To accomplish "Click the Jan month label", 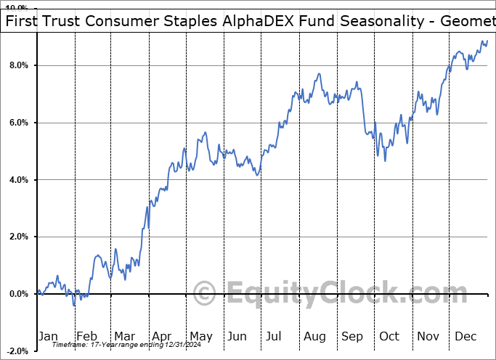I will (x=48, y=336).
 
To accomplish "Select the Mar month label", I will (x=124, y=336).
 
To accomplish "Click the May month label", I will (x=200, y=336).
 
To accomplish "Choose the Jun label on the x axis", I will (x=237, y=336).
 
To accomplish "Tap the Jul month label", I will (x=275, y=336).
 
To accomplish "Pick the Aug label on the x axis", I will (x=314, y=336).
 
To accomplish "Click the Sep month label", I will (x=351, y=336).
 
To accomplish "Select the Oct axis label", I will (x=389, y=336).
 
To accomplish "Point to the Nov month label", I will (x=428, y=336).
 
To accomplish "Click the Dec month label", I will (x=466, y=336).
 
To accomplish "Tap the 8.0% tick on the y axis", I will (x=18, y=66).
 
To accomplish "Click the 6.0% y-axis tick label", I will (x=18, y=123).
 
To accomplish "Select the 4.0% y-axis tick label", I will (x=18, y=180).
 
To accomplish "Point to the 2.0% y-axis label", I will (x=18, y=237).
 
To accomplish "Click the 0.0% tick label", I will (x=18, y=294).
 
